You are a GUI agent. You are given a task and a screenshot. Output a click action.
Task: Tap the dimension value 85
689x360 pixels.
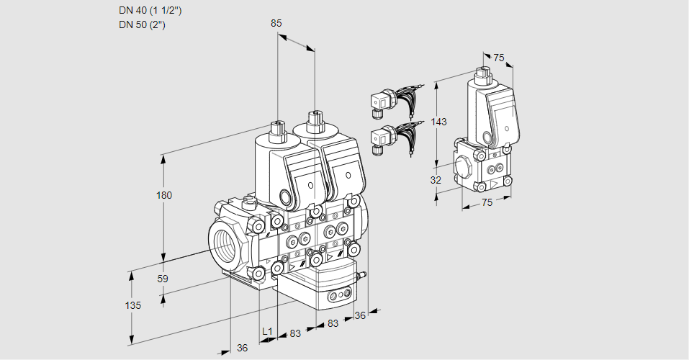[276, 23]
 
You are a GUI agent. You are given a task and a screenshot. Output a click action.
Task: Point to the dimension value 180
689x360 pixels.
[166, 195]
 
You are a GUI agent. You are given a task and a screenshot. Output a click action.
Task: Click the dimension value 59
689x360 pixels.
[163, 279]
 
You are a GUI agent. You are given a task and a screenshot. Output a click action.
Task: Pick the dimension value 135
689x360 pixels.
[132, 305]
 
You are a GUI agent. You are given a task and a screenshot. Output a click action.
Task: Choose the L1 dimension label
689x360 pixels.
[267, 331]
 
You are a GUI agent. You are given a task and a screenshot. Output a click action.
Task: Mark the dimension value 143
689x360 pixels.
[439, 122]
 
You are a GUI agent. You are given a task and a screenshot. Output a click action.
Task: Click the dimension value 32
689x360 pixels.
[436, 180]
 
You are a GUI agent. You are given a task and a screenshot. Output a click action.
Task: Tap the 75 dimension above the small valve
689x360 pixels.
[499, 58]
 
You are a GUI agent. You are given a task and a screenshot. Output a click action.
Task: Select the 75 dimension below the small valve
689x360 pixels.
[487, 203]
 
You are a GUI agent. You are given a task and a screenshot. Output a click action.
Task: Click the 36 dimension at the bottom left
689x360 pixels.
[243, 348]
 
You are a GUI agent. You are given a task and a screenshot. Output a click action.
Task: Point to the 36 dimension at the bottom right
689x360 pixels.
[360, 315]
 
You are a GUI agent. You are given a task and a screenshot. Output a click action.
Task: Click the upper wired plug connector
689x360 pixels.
[382, 102]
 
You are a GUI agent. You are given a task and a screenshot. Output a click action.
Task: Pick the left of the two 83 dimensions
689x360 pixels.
[295, 333]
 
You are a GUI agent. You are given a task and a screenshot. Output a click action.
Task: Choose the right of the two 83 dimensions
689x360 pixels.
[333, 324]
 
